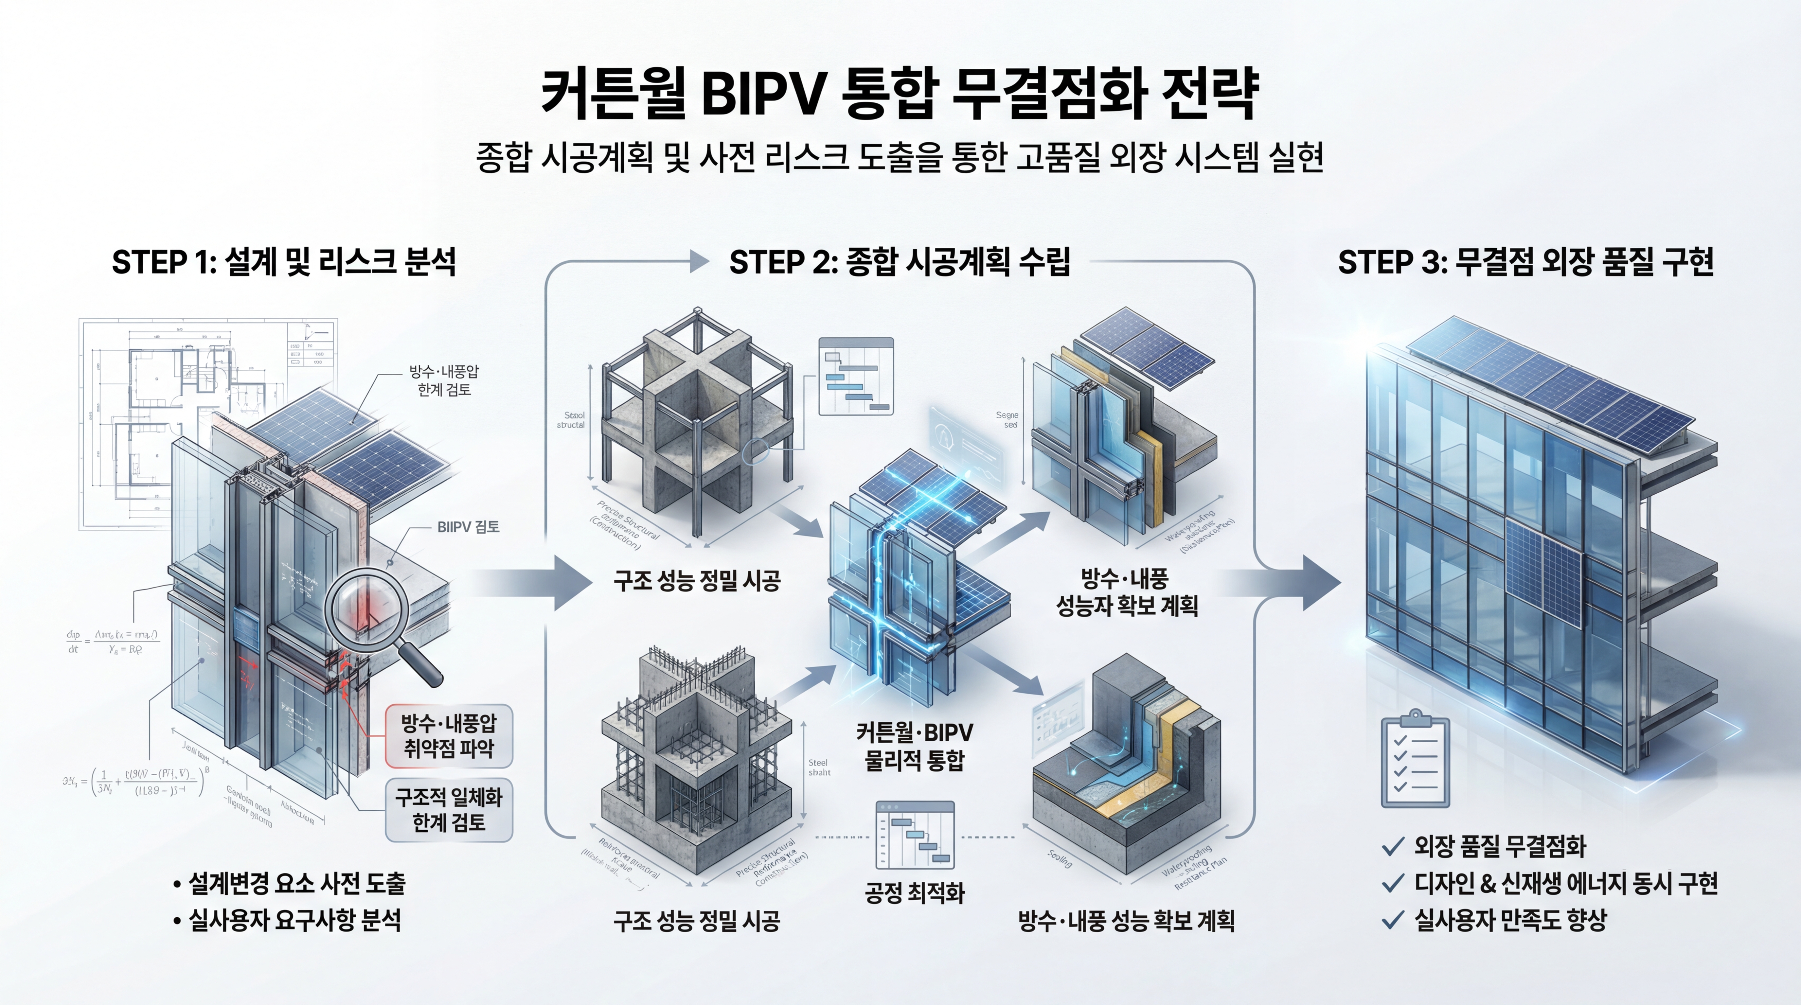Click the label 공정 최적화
click(915, 892)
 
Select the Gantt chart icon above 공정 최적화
click(915, 835)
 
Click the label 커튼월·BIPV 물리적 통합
click(915, 746)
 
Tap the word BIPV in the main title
click(762, 94)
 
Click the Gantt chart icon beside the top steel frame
click(856, 377)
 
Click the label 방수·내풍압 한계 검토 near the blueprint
click(444, 380)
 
